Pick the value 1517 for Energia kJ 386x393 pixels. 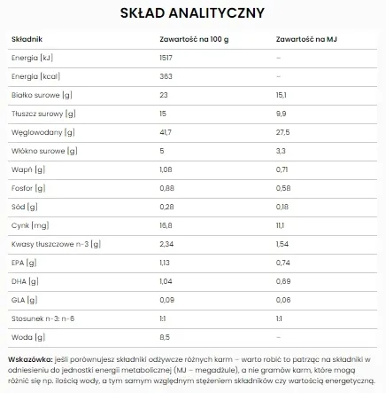(165, 58)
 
